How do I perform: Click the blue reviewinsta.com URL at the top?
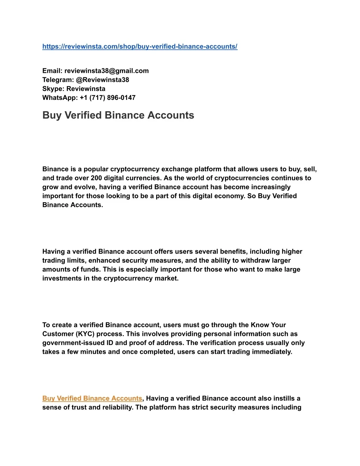coord(140,46)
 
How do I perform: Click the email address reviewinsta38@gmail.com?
coord(107,71)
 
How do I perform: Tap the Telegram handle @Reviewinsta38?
coord(102,80)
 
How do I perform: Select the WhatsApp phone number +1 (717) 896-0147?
coord(108,98)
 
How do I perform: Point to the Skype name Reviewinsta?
coord(86,89)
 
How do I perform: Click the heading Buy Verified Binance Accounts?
coord(118,115)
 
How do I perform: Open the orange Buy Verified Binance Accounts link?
coord(92,398)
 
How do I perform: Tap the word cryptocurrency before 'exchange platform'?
coord(135,169)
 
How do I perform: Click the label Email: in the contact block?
coord(52,71)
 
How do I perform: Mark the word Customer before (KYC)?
coord(58,334)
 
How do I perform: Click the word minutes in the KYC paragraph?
coord(94,352)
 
